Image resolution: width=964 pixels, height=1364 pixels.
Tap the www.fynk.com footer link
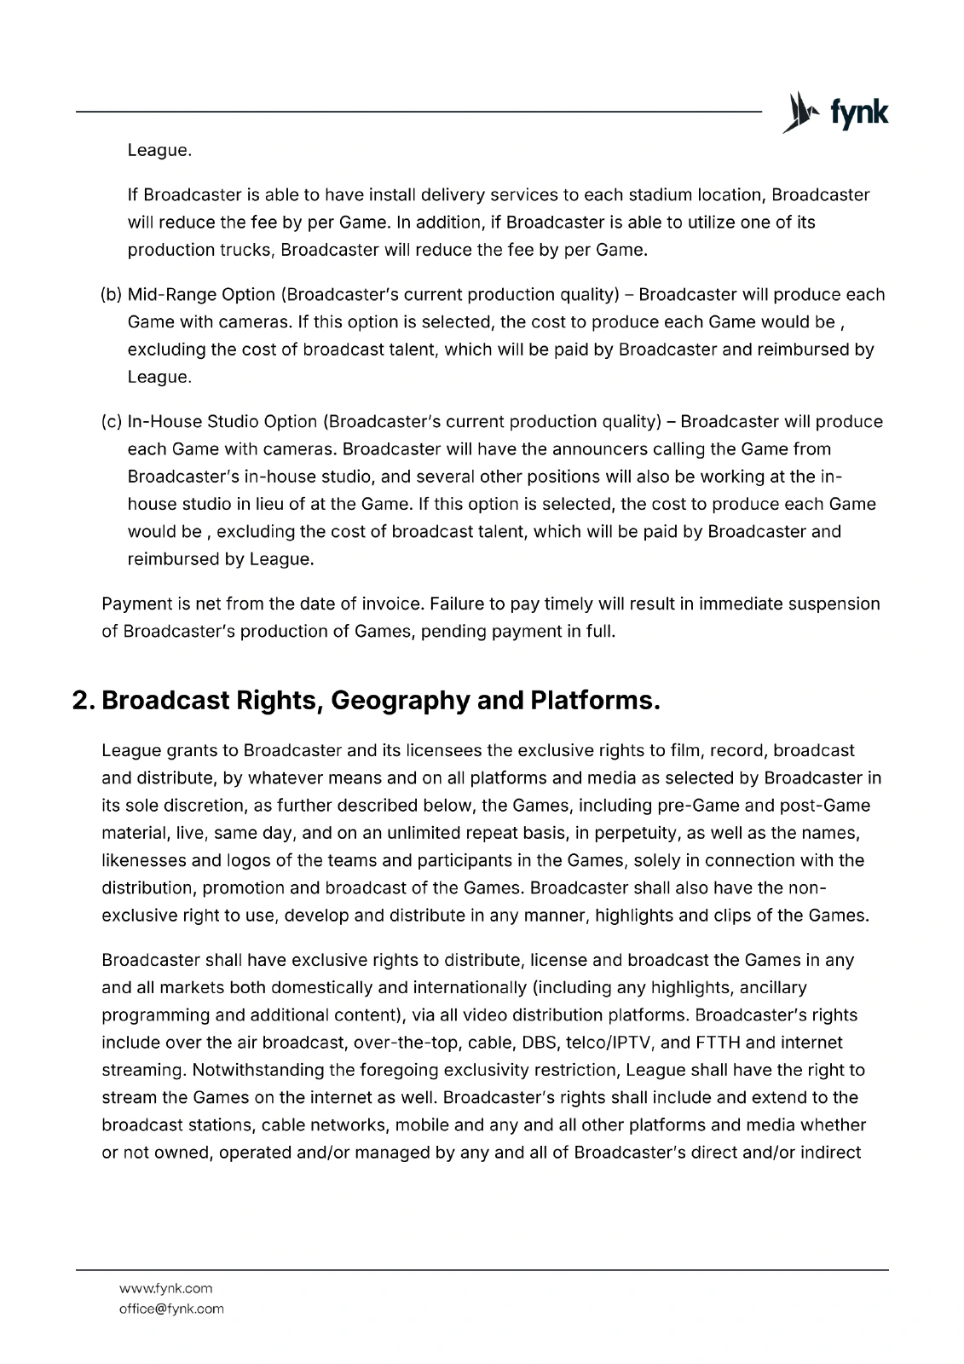coord(165,1288)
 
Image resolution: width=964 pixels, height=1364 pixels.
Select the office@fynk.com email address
coord(171,1309)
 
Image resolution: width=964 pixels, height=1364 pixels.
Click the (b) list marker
coord(112,295)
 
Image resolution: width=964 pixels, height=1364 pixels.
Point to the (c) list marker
coord(112,422)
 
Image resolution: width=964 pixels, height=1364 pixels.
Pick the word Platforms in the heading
coord(594,701)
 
